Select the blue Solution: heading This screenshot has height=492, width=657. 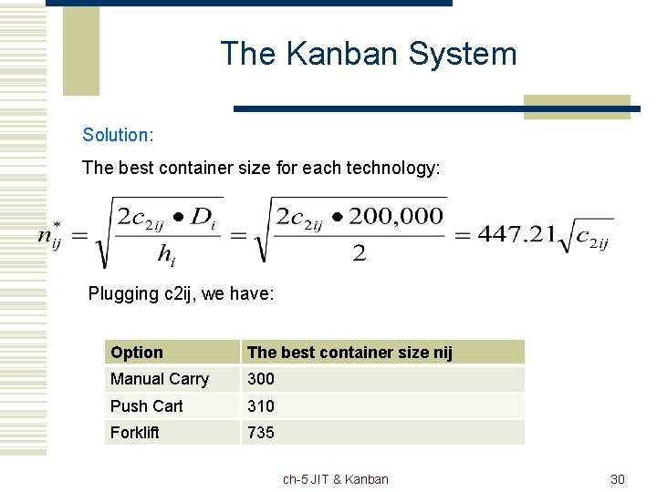pyautogui.click(x=118, y=135)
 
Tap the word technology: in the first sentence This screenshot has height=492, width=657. pyautogui.click(x=396, y=169)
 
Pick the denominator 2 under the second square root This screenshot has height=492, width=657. pyautogui.click(x=360, y=254)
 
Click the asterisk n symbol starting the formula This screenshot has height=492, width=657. pyautogui.click(x=50, y=235)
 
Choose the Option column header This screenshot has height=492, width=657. pyautogui.click(x=137, y=353)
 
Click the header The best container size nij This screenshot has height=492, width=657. pyautogui.click(x=349, y=353)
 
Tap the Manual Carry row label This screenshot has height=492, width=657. pyautogui.click(x=160, y=379)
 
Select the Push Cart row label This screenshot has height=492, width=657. pyautogui.click(x=147, y=406)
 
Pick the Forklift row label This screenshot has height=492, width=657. pyautogui.click(x=135, y=433)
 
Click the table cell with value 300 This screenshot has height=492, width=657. pyautogui.click(x=261, y=379)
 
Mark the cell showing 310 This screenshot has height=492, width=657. pyautogui.click(x=261, y=406)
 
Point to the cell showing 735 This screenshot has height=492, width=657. pyautogui.click(x=261, y=433)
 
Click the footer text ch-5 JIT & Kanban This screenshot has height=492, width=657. pyautogui.click(x=336, y=479)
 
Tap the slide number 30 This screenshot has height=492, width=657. pyautogui.click(x=617, y=479)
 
